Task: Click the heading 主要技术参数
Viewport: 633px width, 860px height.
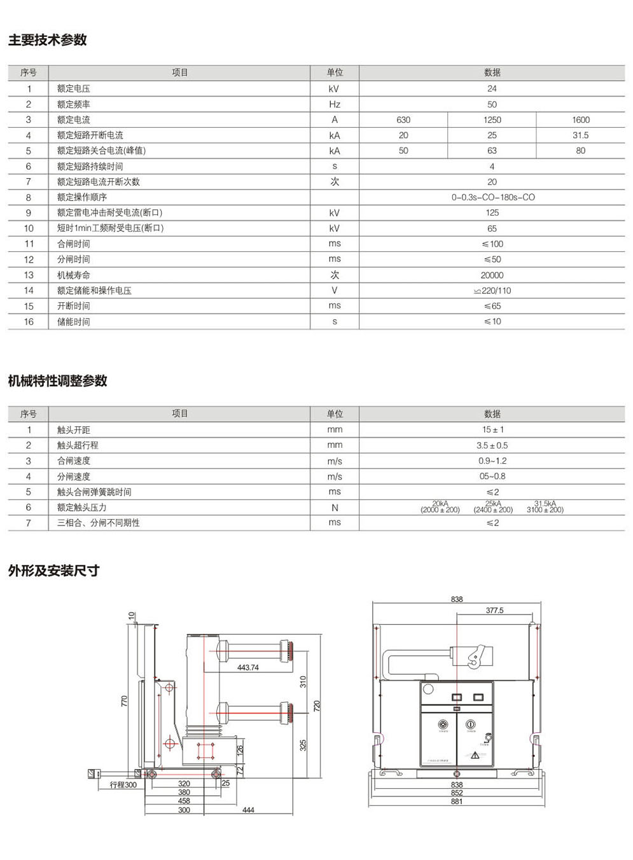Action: click(x=48, y=40)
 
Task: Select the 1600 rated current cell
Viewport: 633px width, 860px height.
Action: click(x=580, y=120)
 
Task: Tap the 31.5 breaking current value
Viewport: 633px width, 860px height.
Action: click(x=580, y=135)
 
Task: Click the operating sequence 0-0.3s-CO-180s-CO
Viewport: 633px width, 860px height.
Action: click(x=493, y=197)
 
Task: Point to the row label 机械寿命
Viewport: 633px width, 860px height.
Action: click(x=74, y=275)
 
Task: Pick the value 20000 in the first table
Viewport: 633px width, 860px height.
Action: click(x=492, y=275)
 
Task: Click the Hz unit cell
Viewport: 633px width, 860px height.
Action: click(x=335, y=104)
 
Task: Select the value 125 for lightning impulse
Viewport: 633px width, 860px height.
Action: click(x=492, y=212)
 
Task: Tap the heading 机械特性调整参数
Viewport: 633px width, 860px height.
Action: click(x=58, y=381)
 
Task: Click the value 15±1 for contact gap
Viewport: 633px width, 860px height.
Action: click(x=492, y=429)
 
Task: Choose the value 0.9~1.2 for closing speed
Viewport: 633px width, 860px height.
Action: click(x=492, y=461)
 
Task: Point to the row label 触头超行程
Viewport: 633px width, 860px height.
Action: click(x=78, y=445)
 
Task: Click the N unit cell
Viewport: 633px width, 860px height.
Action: click(x=335, y=508)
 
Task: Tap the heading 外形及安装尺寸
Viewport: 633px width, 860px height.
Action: click(x=53, y=571)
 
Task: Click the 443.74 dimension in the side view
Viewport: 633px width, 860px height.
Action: click(x=248, y=667)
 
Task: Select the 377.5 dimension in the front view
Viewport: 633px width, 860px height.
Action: click(x=494, y=610)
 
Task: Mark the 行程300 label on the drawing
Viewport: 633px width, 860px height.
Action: click(x=123, y=784)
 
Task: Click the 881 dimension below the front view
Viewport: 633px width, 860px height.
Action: click(x=457, y=801)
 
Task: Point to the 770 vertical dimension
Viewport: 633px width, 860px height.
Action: click(x=125, y=700)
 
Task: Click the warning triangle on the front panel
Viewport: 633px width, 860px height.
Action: click(x=475, y=755)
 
